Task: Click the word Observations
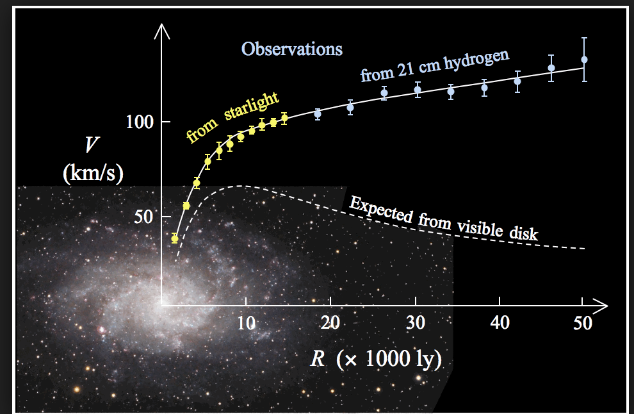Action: click(292, 49)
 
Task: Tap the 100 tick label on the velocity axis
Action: click(138, 122)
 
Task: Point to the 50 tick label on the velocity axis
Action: click(144, 216)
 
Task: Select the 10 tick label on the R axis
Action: click(245, 323)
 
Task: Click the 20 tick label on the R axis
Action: click(330, 323)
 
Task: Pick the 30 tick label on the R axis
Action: click(416, 323)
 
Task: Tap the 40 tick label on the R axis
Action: click(500, 323)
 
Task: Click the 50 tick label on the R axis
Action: click(583, 323)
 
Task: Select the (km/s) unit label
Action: click(93, 172)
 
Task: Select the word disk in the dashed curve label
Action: click(524, 232)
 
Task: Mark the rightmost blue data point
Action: click(583, 60)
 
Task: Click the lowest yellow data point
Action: click(174, 238)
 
